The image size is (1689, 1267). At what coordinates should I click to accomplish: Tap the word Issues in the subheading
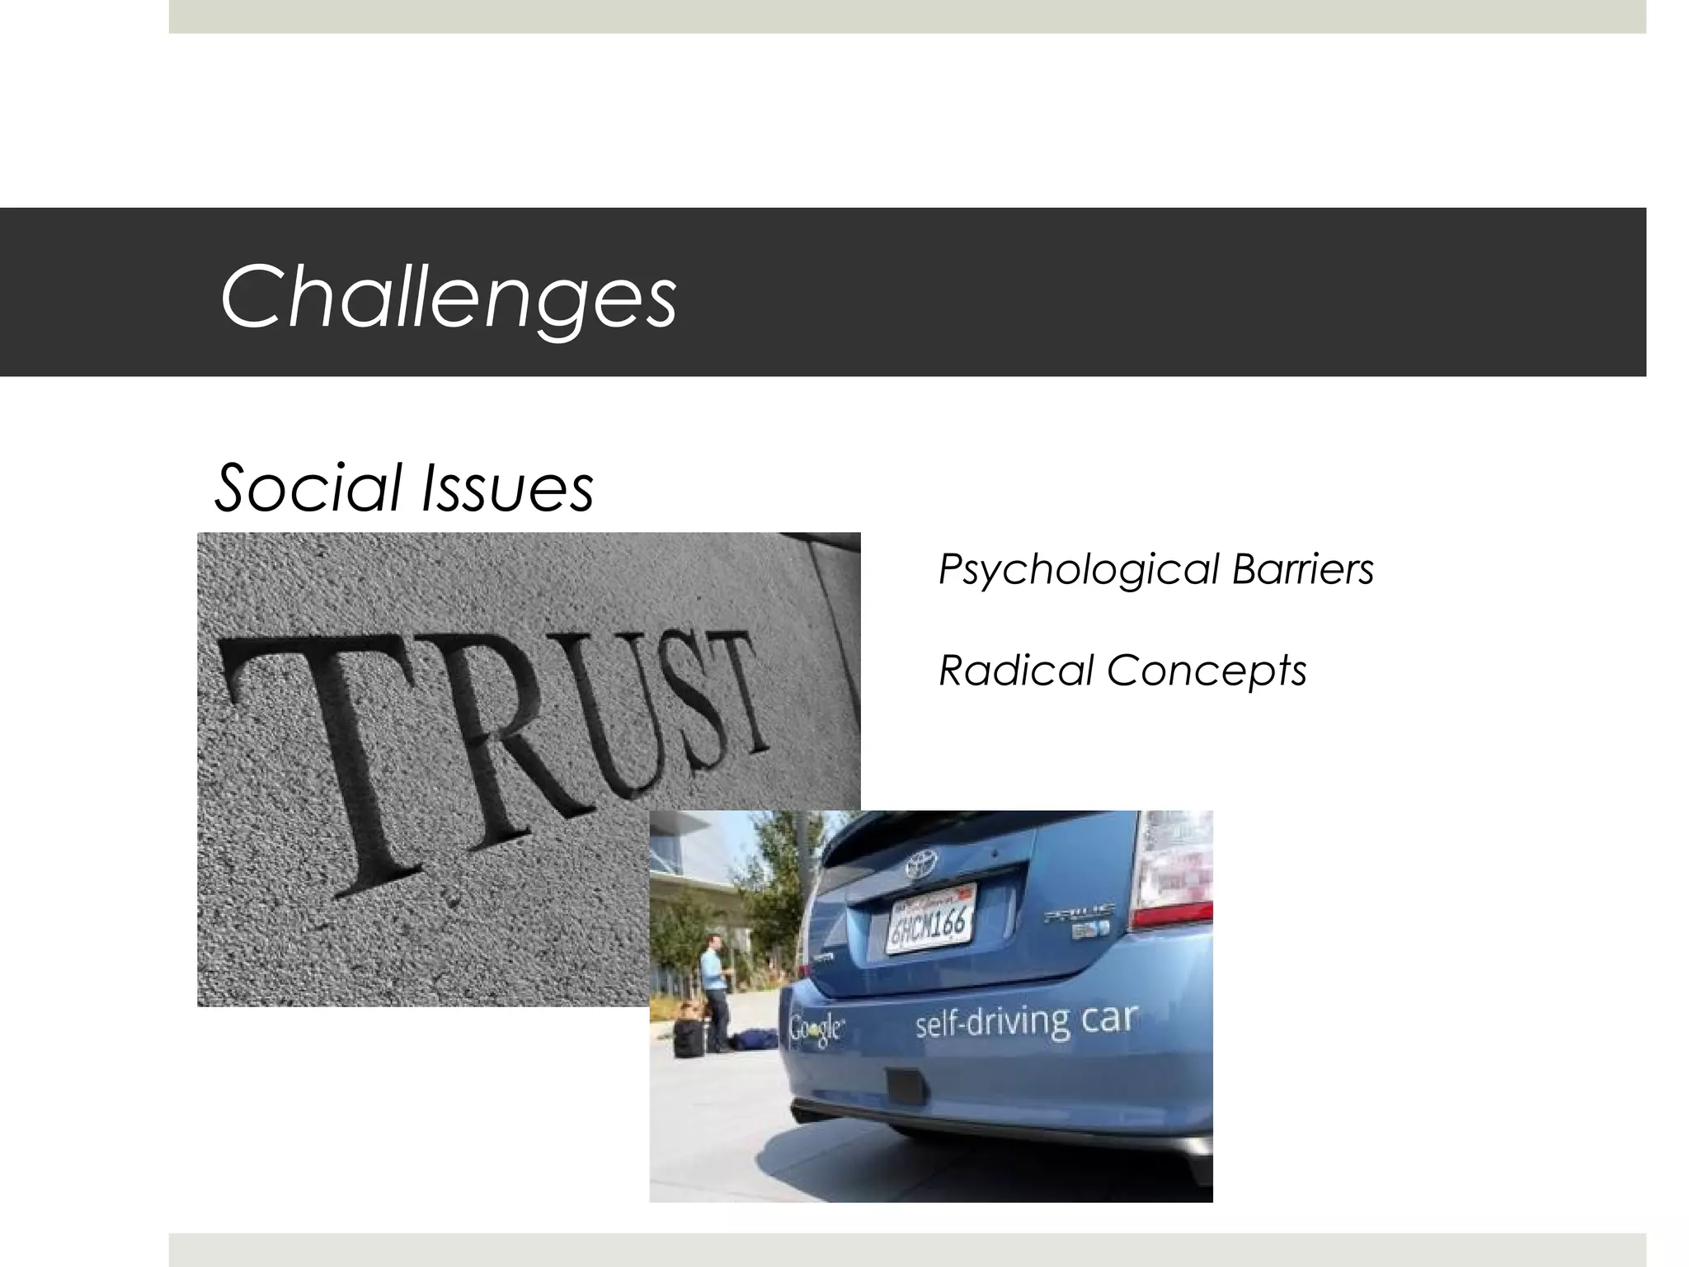(507, 488)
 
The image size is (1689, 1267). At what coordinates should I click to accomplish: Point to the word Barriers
(1303, 569)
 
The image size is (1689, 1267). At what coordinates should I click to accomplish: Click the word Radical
(1016, 670)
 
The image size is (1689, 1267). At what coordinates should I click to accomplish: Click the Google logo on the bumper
(816, 1029)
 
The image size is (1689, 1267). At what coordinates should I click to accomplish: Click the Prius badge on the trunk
(1080, 914)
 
